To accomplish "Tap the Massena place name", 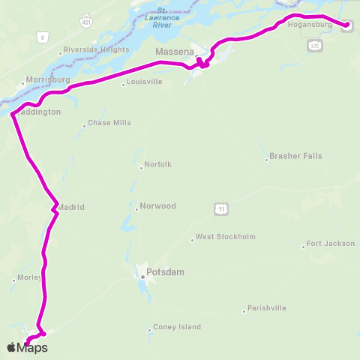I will (x=175, y=51).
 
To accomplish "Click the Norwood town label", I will (x=157, y=205).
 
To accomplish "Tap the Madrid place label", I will (x=71, y=207).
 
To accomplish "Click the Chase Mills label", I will (x=109, y=122).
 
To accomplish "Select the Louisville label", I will (x=145, y=82).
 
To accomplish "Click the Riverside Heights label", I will (x=97, y=49).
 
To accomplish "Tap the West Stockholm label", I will (x=226, y=237).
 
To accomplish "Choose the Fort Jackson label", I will (x=330, y=244).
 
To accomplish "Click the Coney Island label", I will (x=178, y=327).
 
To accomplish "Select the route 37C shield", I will (x=314, y=46).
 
